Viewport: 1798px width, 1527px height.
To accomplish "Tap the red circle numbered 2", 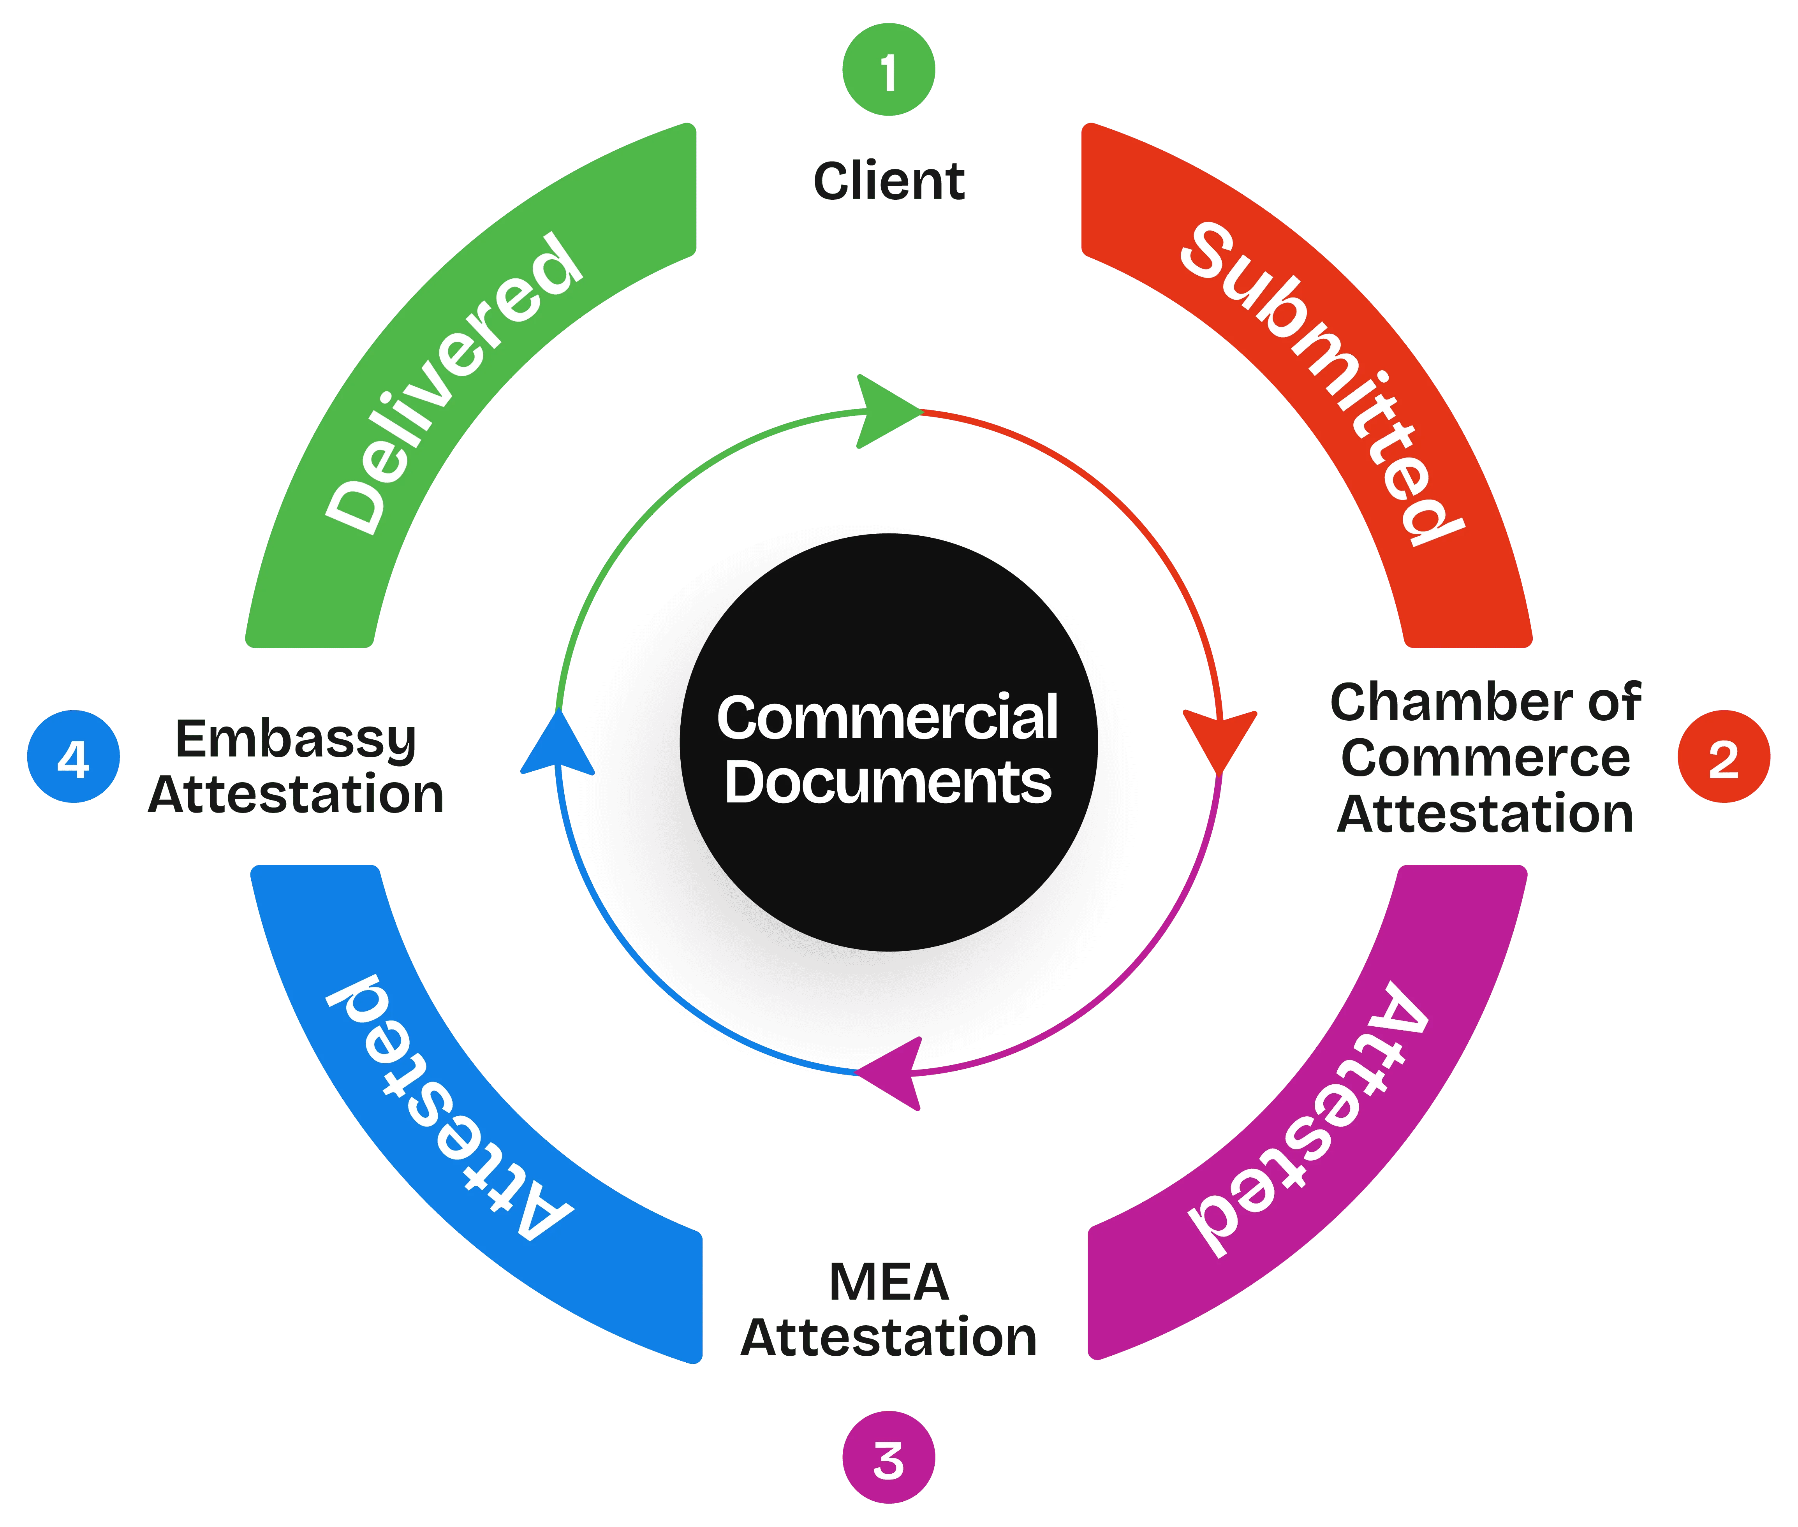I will tap(1724, 757).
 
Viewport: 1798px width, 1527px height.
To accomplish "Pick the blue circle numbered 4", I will tap(74, 757).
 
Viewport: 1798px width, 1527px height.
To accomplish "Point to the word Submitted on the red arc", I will tap(1320, 381).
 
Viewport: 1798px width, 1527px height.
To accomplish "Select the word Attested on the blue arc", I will tap(450, 1108).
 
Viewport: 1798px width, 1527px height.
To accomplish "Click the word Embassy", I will tap(297, 740).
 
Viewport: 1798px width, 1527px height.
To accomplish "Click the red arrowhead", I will tap(1219, 740).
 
